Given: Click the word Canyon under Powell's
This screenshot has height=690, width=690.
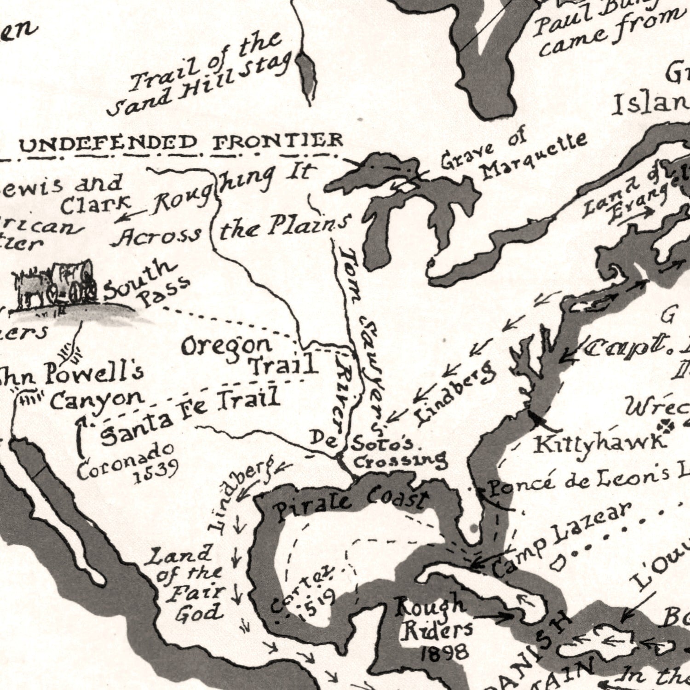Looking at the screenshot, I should (x=97, y=399).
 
